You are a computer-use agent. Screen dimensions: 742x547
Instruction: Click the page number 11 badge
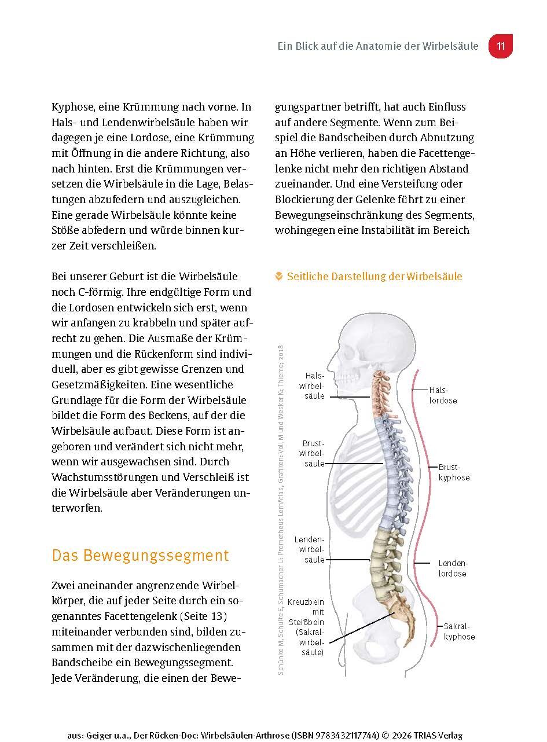(501, 46)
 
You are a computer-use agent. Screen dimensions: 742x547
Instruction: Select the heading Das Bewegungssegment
(140, 555)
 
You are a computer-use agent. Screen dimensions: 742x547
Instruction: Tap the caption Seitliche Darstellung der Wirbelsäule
(375, 277)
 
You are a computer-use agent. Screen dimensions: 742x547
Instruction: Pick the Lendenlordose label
(452, 568)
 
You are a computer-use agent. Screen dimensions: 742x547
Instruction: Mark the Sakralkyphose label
(459, 631)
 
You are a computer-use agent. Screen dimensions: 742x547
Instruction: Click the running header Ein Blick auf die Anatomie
(378, 46)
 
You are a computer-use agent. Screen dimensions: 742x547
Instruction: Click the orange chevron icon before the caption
(279, 277)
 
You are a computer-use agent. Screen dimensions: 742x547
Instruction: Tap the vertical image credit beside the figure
(281, 509)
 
